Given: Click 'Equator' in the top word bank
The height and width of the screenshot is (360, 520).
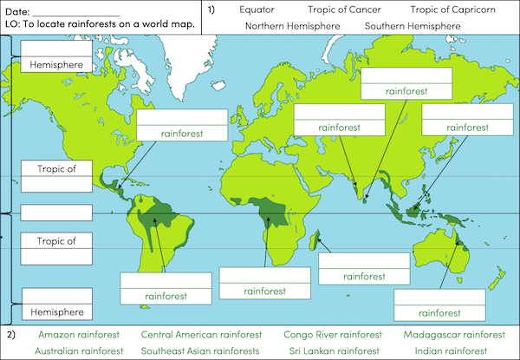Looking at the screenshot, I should click(x=257, y=10).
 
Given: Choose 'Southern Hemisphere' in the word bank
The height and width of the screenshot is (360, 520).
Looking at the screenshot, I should click(x=413, y=26).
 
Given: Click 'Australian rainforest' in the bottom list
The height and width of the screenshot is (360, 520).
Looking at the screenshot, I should click(x=79, y=350).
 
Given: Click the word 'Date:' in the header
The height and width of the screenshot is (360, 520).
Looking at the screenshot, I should click(x=17, y=9).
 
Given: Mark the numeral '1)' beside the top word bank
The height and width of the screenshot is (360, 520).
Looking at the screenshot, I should click(x=213, y=10).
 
